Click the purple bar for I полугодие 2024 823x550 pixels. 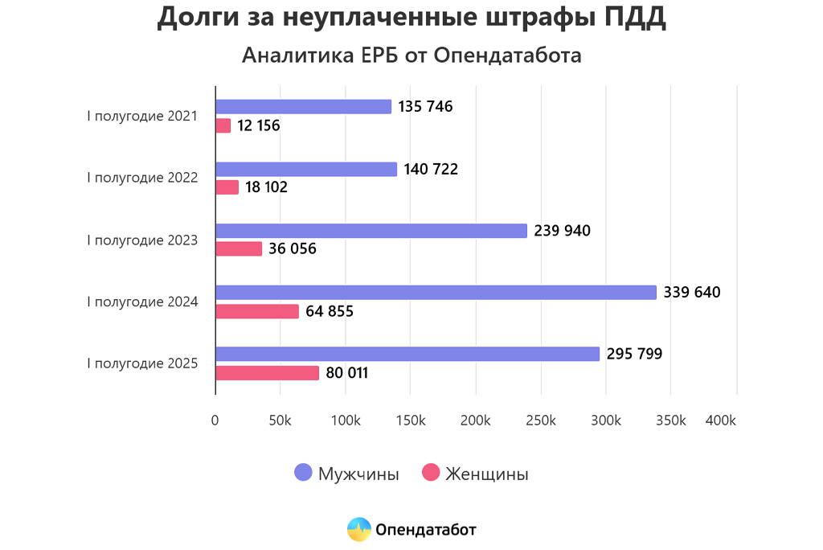[436, 293]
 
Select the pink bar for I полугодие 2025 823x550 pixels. [268, 373]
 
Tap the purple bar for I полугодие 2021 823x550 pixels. [303, 107]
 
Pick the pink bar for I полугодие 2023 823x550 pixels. [239, 249]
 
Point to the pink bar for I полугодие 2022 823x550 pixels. [227, 187]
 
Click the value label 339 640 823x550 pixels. [692, 293]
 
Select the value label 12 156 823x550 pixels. [259, 125]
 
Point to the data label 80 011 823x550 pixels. [347, 373]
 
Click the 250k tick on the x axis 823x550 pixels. [541, 421]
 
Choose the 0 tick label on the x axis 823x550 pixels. [215, 421]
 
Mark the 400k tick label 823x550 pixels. [721, 421]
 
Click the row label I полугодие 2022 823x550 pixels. [142, 178]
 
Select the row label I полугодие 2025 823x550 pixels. [142, 363]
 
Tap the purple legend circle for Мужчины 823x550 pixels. [303, 473]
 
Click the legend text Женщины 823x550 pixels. [487, 474]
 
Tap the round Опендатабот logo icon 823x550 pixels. [359, 529]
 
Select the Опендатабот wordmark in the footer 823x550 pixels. [426, 529]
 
